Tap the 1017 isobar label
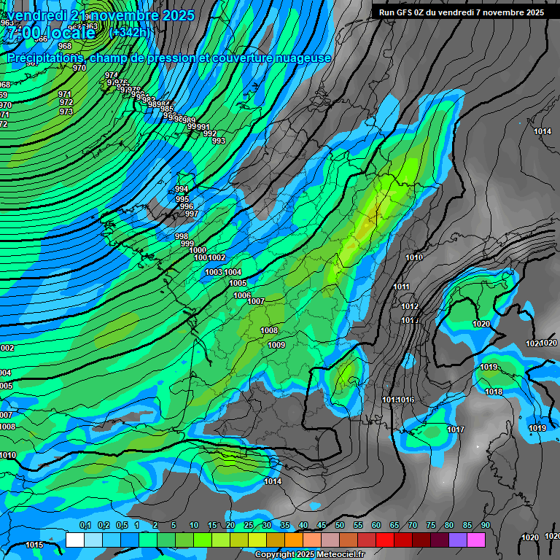(456, 429)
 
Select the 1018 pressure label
(494, 392)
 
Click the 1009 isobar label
(276, 345)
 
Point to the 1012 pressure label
(410, 306)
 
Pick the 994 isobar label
(182, 189)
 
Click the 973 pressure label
(66, 112)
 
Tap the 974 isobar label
(111, 75)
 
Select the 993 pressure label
(218, 141)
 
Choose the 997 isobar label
(191, 214)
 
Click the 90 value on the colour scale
(485, 526)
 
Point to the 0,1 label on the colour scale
(85, 526)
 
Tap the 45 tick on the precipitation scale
(321, 526)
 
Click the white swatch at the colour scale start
(74, 540)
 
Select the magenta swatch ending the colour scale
(475, 540)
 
